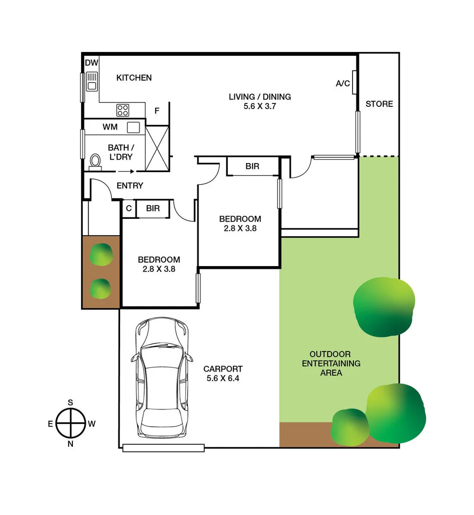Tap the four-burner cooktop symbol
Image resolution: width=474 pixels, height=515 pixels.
coord(123,110)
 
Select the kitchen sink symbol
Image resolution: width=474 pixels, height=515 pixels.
coord(91,81)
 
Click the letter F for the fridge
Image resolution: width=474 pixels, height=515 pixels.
coord(157,111)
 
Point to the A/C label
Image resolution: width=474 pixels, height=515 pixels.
coord(343,83)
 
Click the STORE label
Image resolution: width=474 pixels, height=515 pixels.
coord(379,103)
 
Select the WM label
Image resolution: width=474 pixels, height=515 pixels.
coord(110,127)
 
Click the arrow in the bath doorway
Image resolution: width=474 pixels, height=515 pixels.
coord(124,172)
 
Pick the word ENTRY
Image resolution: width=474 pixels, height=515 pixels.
coord(130,185)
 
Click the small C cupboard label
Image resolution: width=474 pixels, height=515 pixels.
coord(129,208)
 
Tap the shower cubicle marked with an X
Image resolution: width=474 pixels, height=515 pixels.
coord(157,147)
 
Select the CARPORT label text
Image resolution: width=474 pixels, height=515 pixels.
coord(223,369)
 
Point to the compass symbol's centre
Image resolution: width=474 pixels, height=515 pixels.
coord(71,423)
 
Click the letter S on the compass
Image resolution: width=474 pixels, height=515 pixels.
coord(71,402)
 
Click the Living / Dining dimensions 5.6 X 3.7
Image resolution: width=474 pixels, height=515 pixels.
coord(260,106)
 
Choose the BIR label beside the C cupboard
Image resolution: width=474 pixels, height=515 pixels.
coord(152,208)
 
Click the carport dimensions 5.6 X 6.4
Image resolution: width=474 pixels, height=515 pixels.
coord(223,378)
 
